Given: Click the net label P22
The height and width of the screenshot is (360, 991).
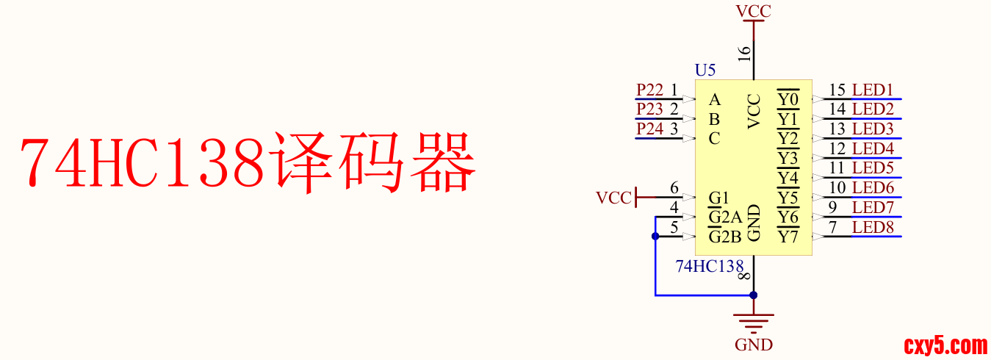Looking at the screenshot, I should point(649,90).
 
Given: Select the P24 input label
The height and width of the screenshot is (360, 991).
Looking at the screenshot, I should point(649,129).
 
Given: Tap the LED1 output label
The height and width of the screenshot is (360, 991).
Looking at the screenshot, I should point(873,90).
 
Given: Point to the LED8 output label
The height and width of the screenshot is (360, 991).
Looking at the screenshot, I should point(873,228).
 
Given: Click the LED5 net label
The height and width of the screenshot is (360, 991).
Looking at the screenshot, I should point(873,168).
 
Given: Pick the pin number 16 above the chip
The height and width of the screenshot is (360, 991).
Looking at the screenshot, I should point(745,53).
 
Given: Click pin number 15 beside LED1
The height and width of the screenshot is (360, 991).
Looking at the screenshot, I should point(837,90).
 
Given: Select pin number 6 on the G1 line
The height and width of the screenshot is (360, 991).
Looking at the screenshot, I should point(674,189).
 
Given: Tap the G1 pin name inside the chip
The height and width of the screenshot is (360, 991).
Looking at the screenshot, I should point(718,198).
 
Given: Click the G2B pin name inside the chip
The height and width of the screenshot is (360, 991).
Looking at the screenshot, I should point(724,237).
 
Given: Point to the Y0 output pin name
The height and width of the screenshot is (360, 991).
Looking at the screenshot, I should point(788,99).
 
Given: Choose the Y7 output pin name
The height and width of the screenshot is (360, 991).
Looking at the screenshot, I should point(788,237).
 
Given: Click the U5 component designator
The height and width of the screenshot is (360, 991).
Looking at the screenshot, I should point(705,71).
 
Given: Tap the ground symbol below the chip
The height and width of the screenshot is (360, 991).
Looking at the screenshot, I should point(754,320).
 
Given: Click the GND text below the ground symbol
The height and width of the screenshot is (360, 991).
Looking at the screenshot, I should point(754,345).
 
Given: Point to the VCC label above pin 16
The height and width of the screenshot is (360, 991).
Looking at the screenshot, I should point(754,11).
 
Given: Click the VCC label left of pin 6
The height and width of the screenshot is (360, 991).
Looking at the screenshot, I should point(613,198).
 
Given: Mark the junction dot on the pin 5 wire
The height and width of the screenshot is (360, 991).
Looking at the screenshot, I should point(655,237).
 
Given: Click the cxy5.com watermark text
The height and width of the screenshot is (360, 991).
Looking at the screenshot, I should point(945,345).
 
